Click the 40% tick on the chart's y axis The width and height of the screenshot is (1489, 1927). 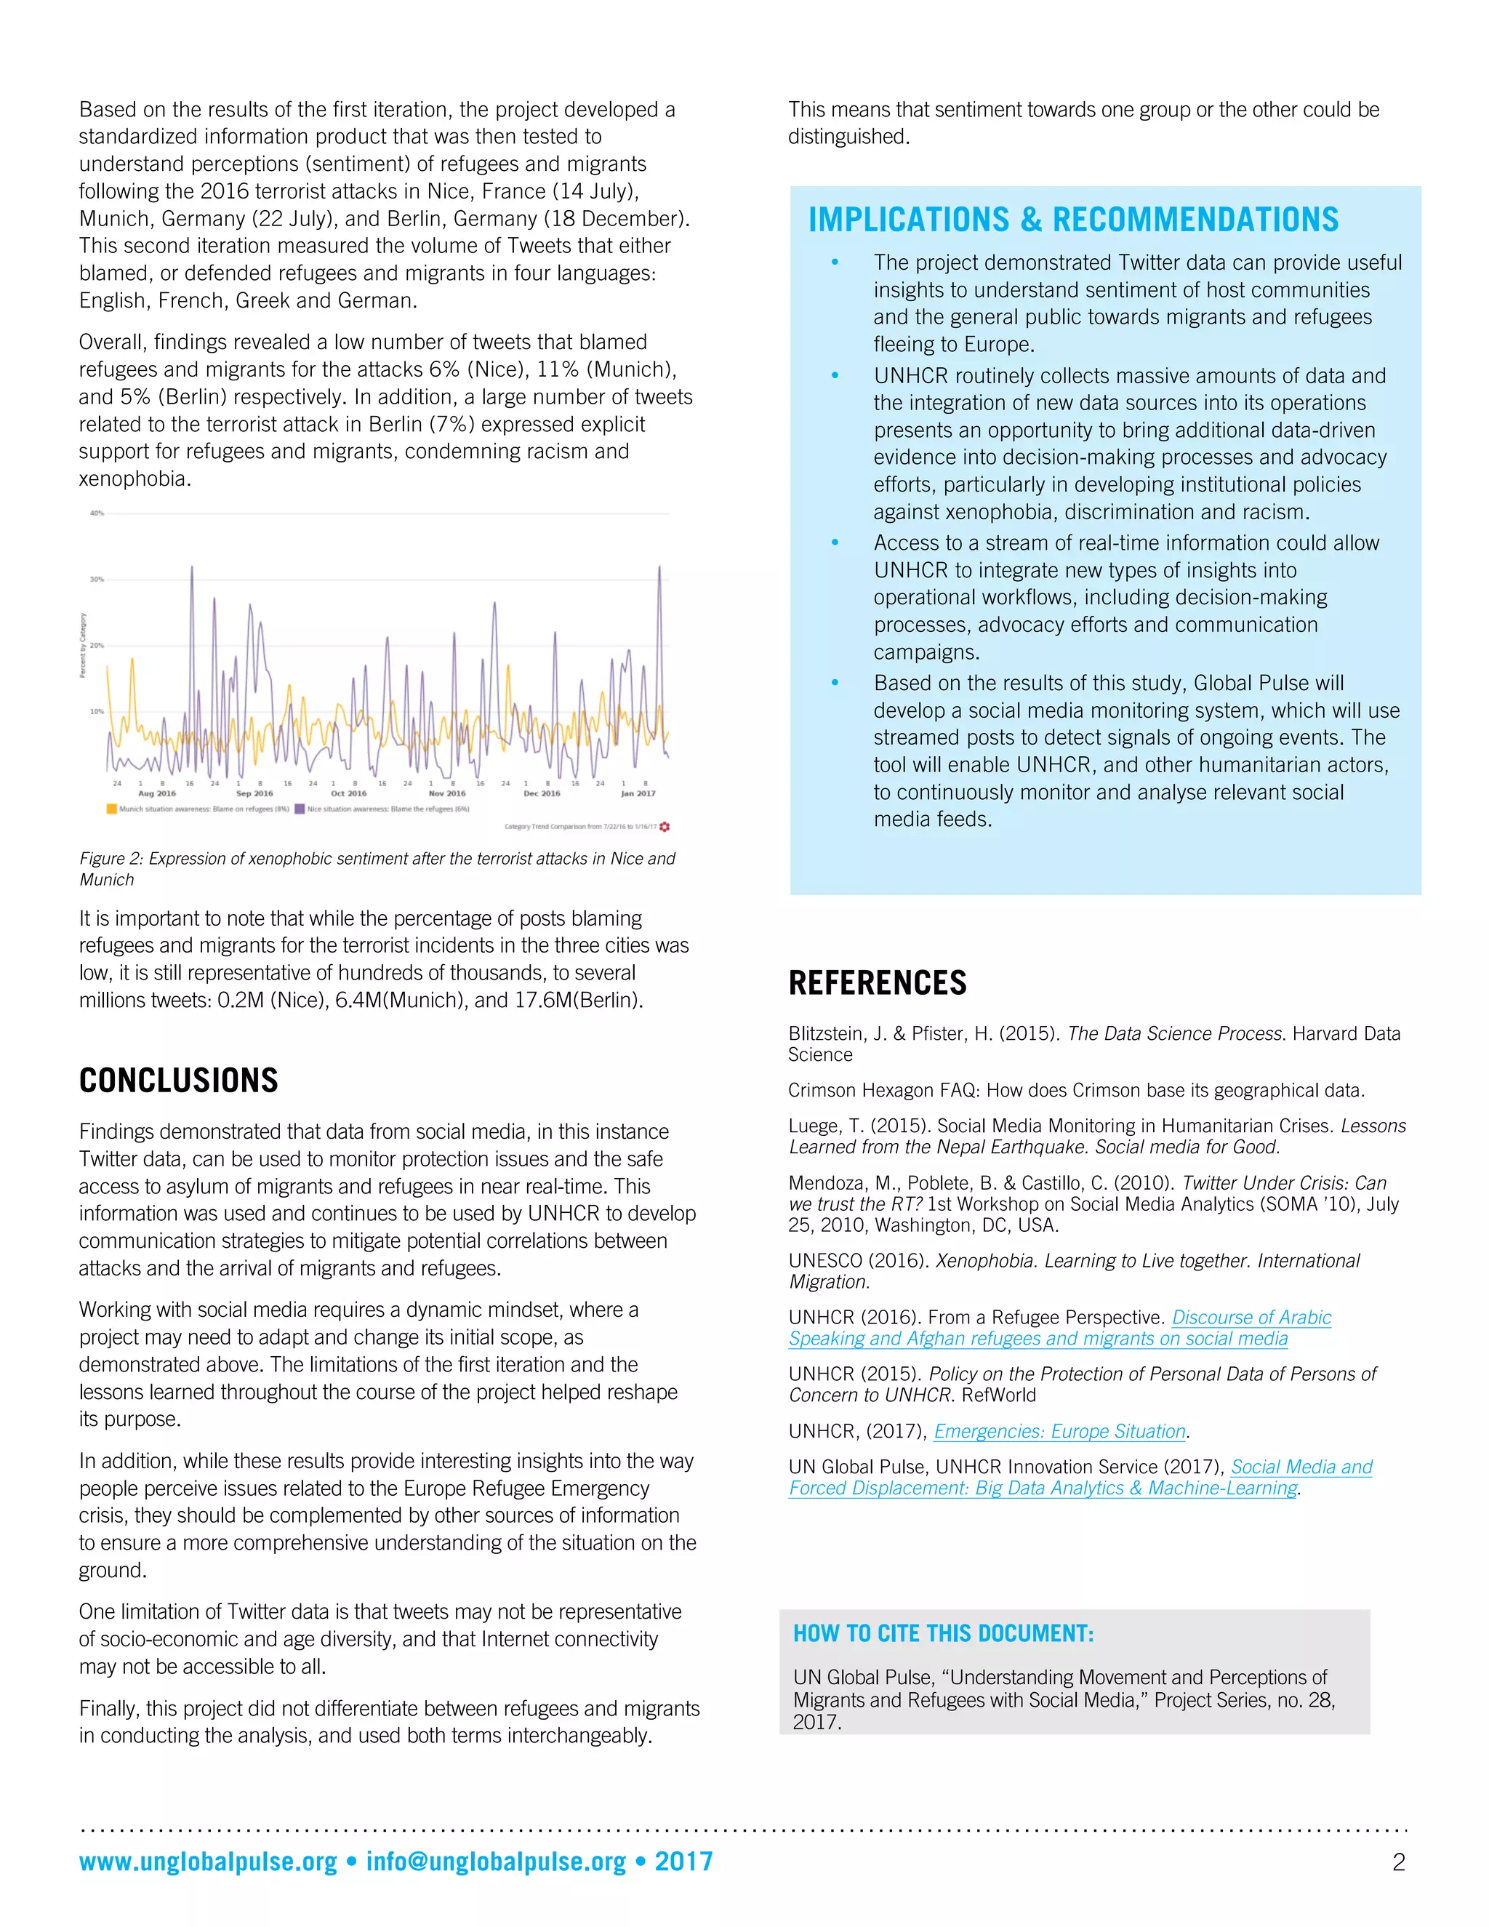pyautogui.click(x=97, y=513)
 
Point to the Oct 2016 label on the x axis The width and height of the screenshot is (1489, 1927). pyautogui.click(x=348, y=793)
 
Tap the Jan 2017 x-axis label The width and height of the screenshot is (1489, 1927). pyautogui.click(x=638, y=793)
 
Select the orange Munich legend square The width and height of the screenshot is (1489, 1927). pyautogui.click(x=112, y=808)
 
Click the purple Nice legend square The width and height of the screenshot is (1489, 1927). pyautogui.click(x=300, y=808)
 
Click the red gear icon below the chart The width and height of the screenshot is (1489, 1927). pyautogui.click(x=665, y=827)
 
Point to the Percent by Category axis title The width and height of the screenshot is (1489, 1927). pyautogui.click(x=83, y=645)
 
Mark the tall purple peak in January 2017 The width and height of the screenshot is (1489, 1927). pyautogui.click(x=659, y=569)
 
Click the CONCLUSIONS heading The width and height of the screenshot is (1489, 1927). pyautogui.click(x=178, y=1080)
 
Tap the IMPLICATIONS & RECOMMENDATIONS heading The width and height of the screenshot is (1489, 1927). pyautogui.click(x=1072, y=220)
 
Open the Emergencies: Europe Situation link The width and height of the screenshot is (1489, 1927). pyautogui.click(x=1059, y=1431)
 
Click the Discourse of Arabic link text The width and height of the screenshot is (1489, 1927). pyautogui.click(x=1251, y=1318)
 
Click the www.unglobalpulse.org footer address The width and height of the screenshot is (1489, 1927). pyautogui.click(x=208, y=1862)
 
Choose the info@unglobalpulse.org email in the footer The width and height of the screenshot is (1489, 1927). pyautogui.click(x=496, y=1862)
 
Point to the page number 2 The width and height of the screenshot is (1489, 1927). pyautogui.click(x=1398, y=1862)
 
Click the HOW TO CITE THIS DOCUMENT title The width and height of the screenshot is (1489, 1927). pyautogui.click(x=943, y=1633)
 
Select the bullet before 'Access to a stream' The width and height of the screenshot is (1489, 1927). pyautogui.click(x=835, y=542)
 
